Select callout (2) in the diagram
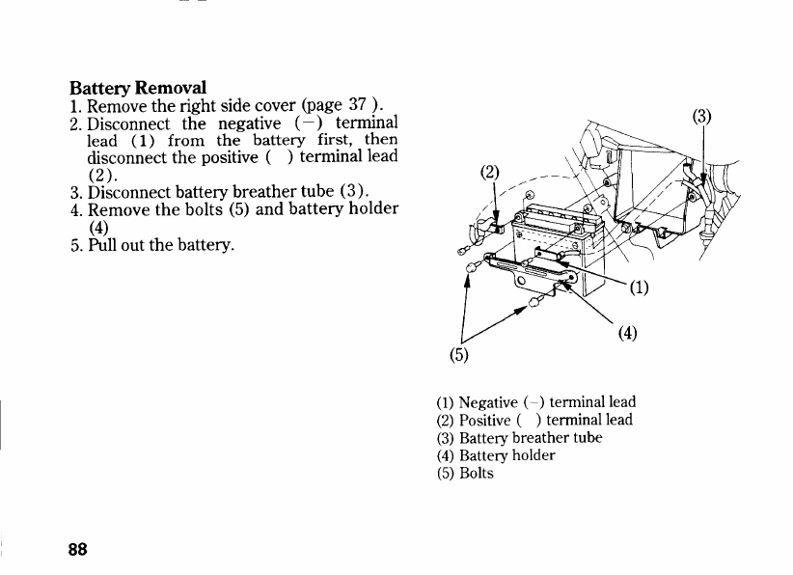pos(491,174)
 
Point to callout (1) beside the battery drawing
pos(641,287)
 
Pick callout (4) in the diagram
pos(628,334)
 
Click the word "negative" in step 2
pos(250,123)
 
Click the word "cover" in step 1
pos(269,104)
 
